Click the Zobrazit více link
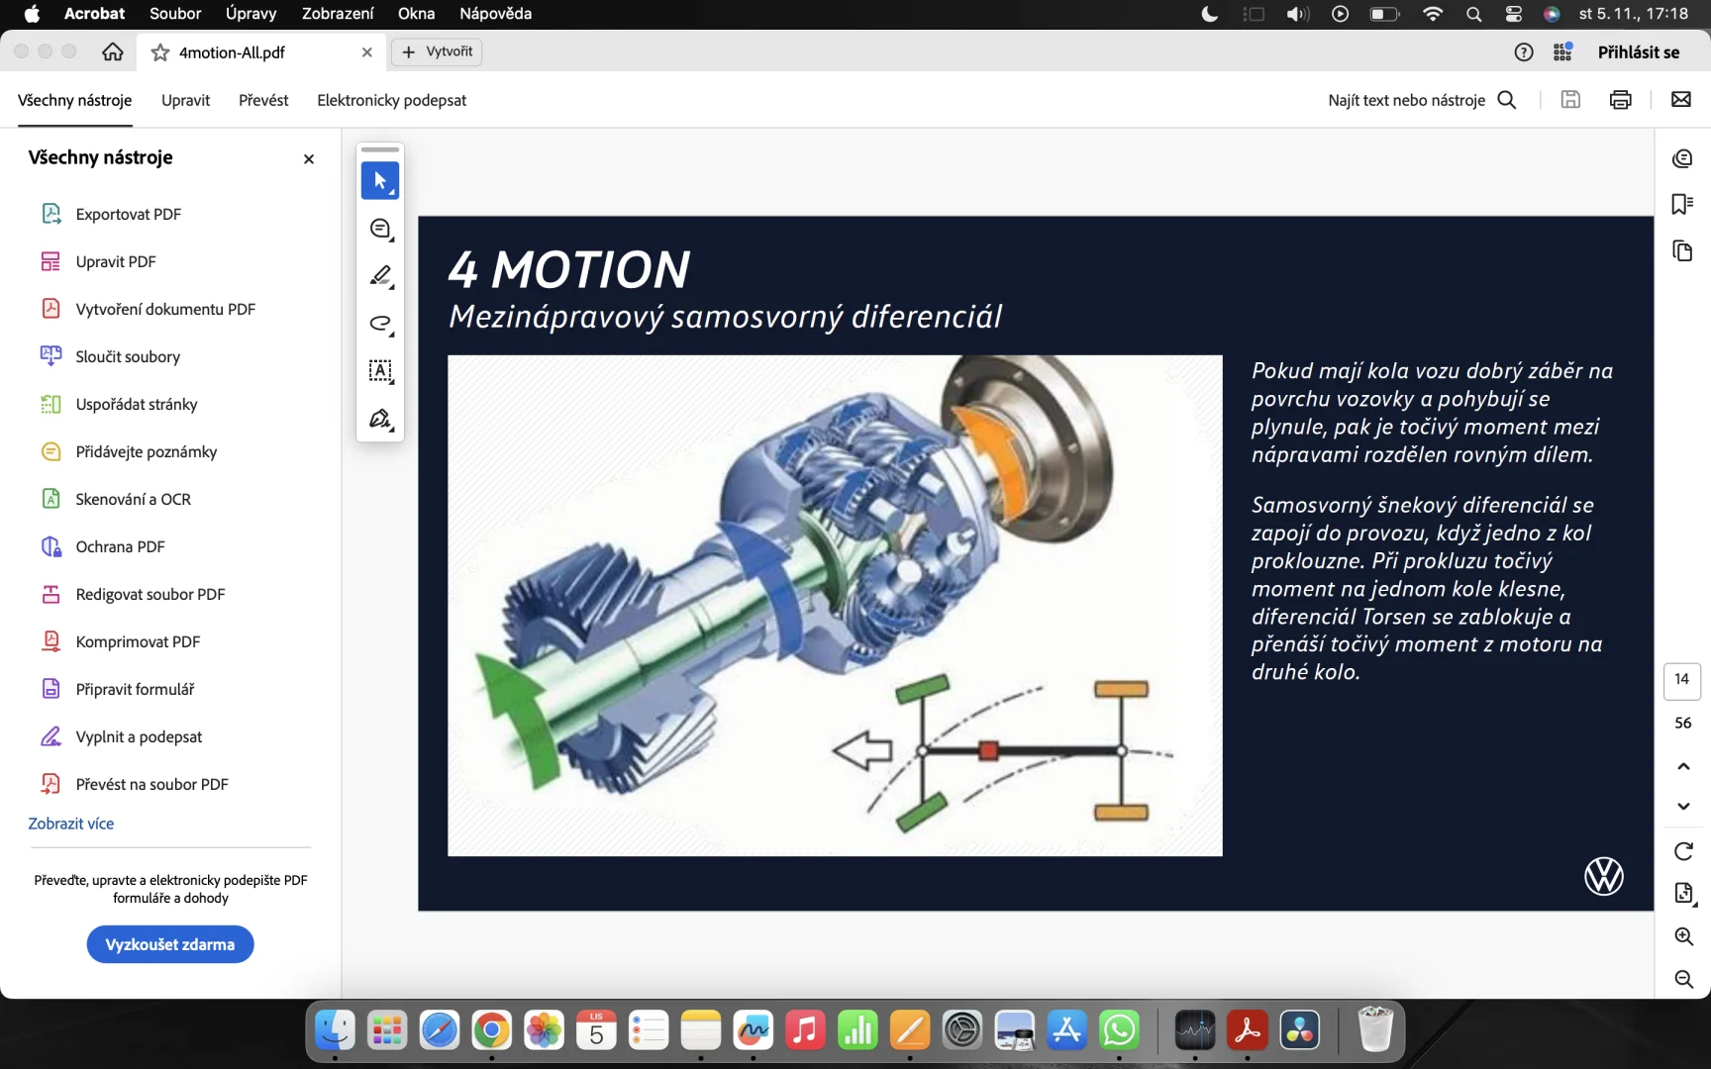[x=71, y=824]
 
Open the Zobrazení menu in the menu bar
[x=338, y=14]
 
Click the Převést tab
[x=263, y=100]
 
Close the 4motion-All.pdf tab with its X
[x=367, y=52]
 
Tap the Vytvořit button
[x=437, y=51]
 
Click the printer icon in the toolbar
[x=1621, y=99]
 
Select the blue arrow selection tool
[x=380, y=180]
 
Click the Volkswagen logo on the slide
[x=1604, y=876]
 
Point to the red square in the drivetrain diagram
[x=988, y=751]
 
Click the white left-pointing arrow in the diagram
[x=862, y=751]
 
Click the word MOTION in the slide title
[x=590, y=269]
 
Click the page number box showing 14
[x=1682, y=679]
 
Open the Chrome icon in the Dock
[x=491, y=1030]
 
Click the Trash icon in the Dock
[x=1375, y=1029]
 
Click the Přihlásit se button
[x=1639, y=52]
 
